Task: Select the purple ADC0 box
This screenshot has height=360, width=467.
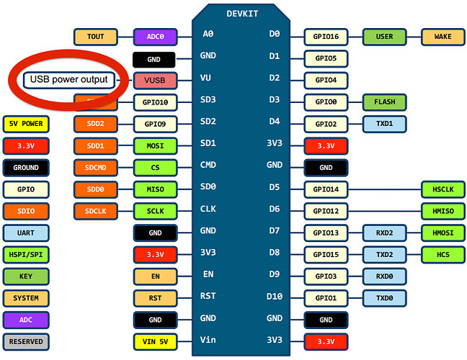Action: coord(155,36)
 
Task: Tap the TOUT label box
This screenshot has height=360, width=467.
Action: coord(95,36)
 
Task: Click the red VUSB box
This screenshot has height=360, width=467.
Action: coord(155,80)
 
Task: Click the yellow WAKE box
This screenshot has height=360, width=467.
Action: coord(442,36)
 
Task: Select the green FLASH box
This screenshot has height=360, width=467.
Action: coord(384,102)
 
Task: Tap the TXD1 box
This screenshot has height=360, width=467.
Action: coord(384,124)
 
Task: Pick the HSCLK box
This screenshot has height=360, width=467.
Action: coord(442,189)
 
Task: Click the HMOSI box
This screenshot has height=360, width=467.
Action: coord(442,233)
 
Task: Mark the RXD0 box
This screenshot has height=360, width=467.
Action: coord(384,276)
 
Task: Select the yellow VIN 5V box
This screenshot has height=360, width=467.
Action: coord(155,341)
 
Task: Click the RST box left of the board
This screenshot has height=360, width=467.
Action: coord(155,297)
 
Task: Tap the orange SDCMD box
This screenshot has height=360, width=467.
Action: coord(95,167)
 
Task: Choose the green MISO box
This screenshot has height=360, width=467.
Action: coord(155,189)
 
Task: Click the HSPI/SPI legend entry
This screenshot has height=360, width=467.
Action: coord(26,254)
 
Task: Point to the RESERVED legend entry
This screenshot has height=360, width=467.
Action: coord(26,341)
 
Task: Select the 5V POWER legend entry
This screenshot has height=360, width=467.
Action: coord(26,124)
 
